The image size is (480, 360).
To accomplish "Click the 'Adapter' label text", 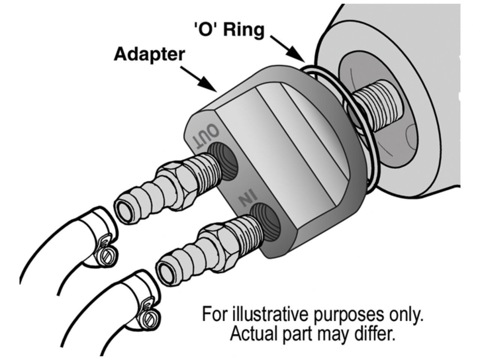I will click(x=149, y=55).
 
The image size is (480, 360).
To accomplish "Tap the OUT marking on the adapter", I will click(x=205, y=137).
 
